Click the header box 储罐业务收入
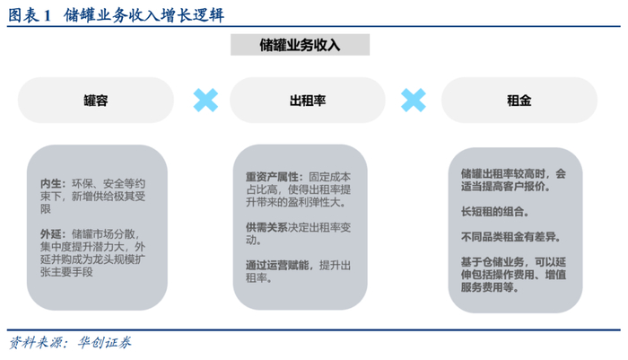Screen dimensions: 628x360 [300, 44]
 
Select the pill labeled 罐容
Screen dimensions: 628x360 [96, 101]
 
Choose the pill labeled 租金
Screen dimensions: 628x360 [519, 101]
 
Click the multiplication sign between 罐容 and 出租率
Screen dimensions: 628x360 [205, 100]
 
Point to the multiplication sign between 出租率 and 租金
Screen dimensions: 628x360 [414, 100]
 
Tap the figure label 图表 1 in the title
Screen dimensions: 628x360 [30, 16]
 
